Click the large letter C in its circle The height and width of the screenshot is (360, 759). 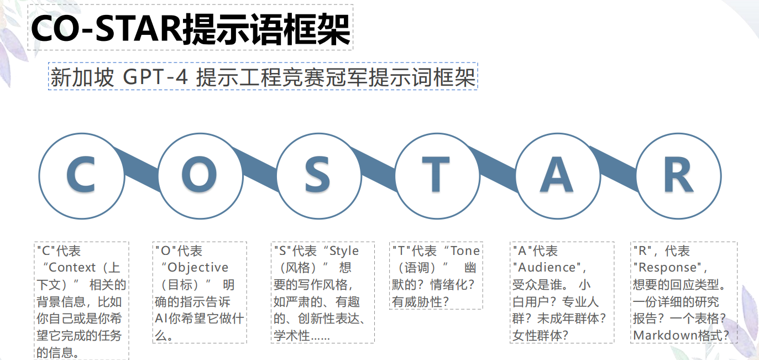click(x=81, y=175)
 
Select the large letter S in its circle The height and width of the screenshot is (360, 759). click(x=317, y=175)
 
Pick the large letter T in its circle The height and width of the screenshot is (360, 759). click(x=436, y=175)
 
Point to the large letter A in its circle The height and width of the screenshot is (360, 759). click(x=557, y=175)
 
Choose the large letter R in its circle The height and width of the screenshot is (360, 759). click(x=678, y=175)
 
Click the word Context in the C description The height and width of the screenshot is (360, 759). click(x=72, y=268)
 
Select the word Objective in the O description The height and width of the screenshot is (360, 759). click(x=198, y=268)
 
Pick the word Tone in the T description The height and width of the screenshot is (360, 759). click(x=465, y=251)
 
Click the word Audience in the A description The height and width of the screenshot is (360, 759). click(x=545, y=268)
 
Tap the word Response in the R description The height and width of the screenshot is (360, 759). click(x=666, y=268)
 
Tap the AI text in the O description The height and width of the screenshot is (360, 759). click(x=161, y=319)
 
